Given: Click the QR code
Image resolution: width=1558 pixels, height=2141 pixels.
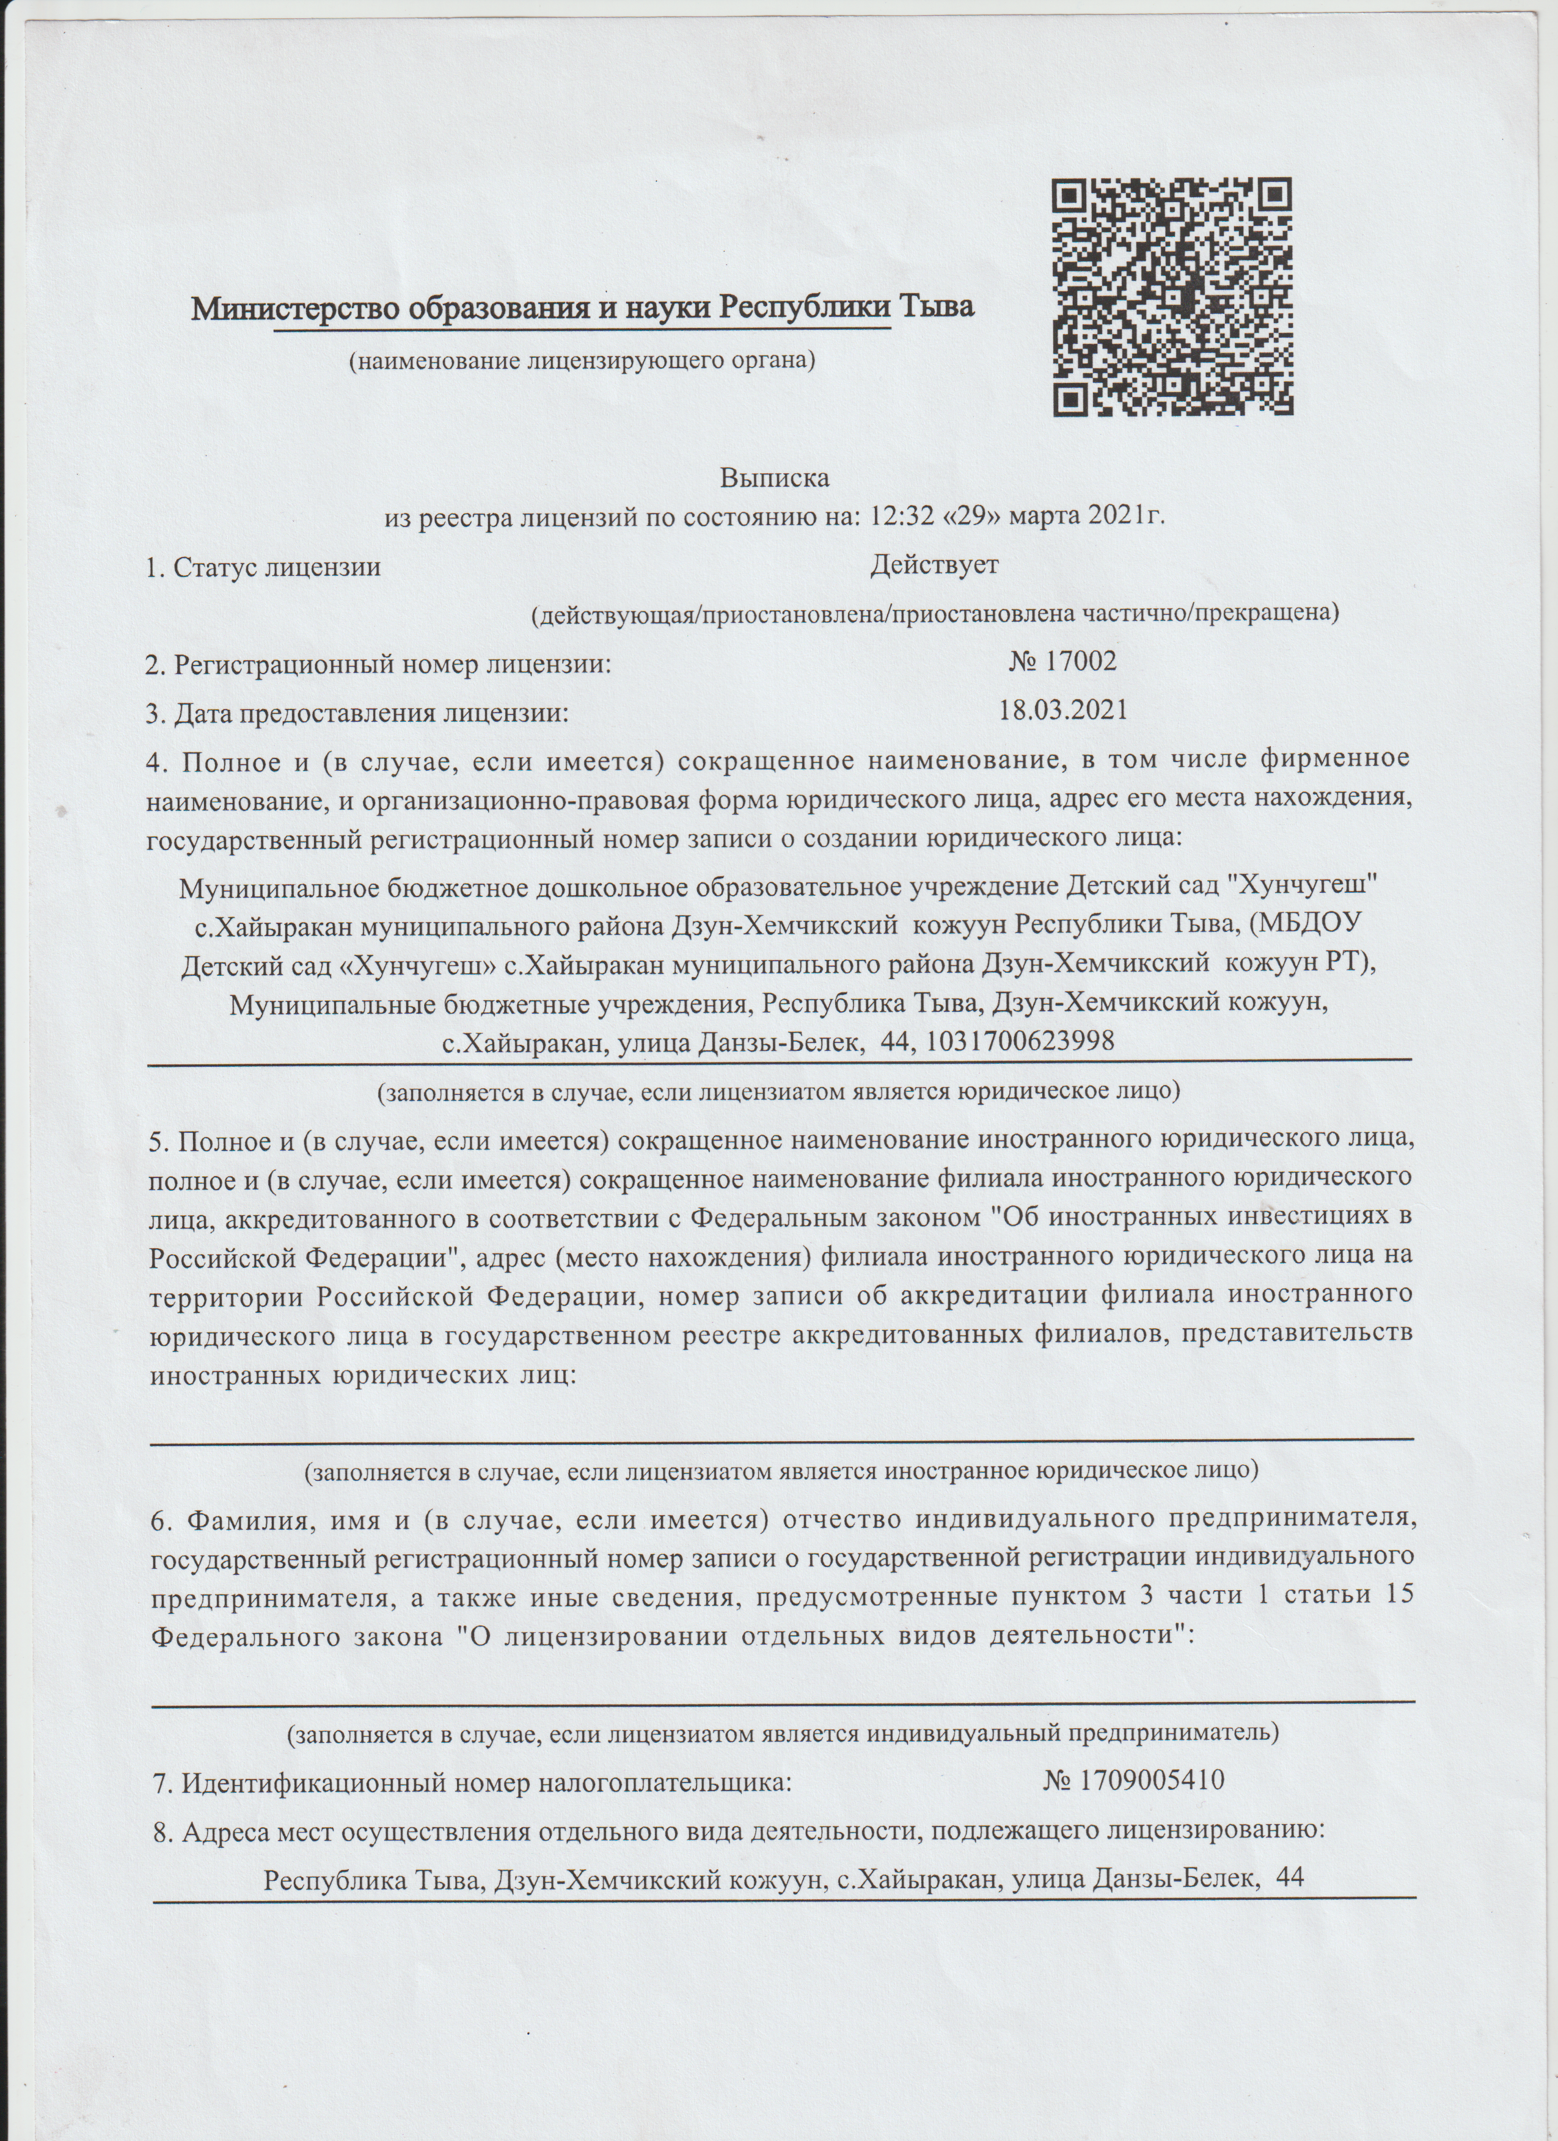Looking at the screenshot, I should [x=1172, y=297].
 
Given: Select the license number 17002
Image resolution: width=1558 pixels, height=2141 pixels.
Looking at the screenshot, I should [x=1079, y=661].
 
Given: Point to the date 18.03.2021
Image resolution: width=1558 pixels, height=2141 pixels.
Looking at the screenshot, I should [x=1063, y=709].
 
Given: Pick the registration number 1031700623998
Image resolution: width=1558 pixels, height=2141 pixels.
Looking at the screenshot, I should [x=1023, y=1041].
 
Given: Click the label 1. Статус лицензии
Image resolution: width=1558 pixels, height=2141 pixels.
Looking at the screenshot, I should [x=263, y=567].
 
